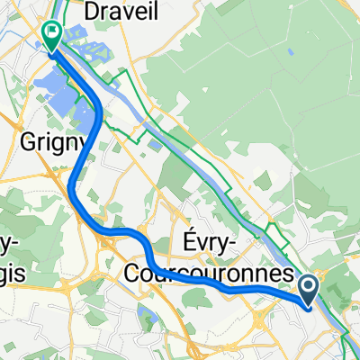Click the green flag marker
point(52,35)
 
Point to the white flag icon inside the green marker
point(52,33)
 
